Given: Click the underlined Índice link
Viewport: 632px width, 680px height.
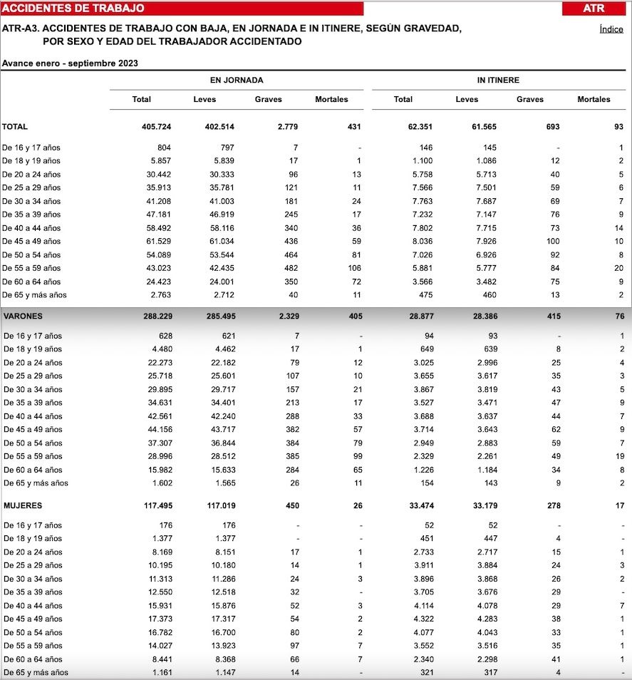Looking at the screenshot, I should [x=611, y=29].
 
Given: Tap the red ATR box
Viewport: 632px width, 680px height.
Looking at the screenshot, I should [x=593, y=9].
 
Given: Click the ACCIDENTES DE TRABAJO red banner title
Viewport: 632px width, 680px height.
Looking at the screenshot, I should [x=73, y=9].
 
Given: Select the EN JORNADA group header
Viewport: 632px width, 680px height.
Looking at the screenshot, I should [x=236, y=81].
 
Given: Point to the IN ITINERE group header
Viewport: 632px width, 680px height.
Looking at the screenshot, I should [x=498, y=81].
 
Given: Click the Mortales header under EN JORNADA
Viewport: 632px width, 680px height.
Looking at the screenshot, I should [x=331, y=100].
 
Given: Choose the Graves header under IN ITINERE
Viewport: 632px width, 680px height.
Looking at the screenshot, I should [x=529, y=100].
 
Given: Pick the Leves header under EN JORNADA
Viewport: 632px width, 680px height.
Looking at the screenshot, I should [x=204, y=100].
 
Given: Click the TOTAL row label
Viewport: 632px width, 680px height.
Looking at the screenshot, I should [x=15, y=127].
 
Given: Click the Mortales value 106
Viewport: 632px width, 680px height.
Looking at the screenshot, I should [x=355, y=268].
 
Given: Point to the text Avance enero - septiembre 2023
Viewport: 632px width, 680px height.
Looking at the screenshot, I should [x=70, y=63].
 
